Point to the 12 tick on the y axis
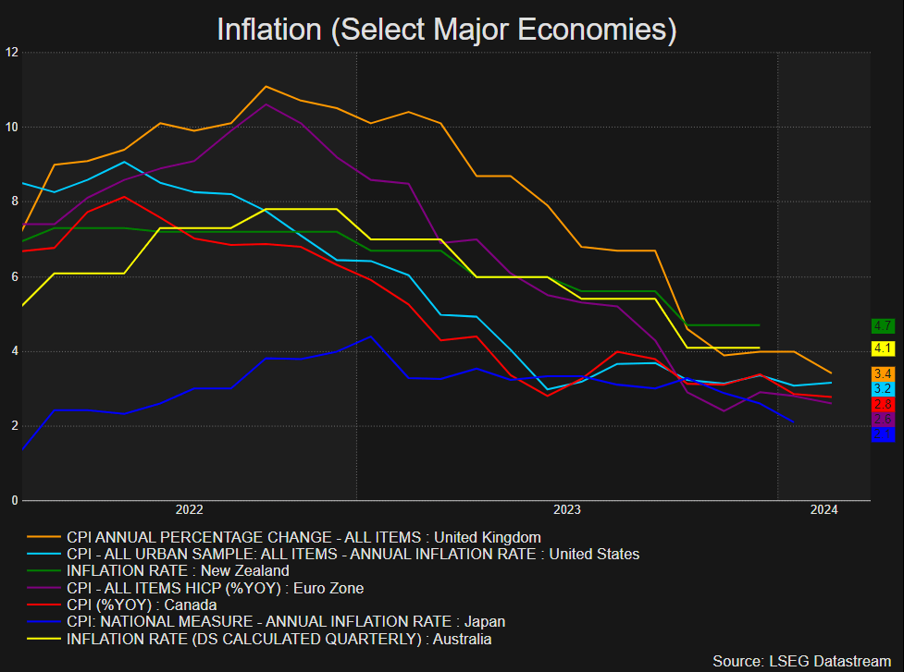tap(12, 52)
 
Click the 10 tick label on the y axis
tap(12, 127)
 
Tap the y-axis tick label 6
tap(14, 276)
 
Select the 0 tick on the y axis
tap(14, 501)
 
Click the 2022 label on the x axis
tap(189, 509)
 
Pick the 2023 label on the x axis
tap(567, 509)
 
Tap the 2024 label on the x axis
tap(824, 509)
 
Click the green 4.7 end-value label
tap(883, 325)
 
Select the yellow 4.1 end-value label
tap(883, 348)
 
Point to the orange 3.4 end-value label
tap(883, 373)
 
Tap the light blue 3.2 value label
tap(883, 389)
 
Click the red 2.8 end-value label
tap(883, 405)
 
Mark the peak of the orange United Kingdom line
tap(266, 86)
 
